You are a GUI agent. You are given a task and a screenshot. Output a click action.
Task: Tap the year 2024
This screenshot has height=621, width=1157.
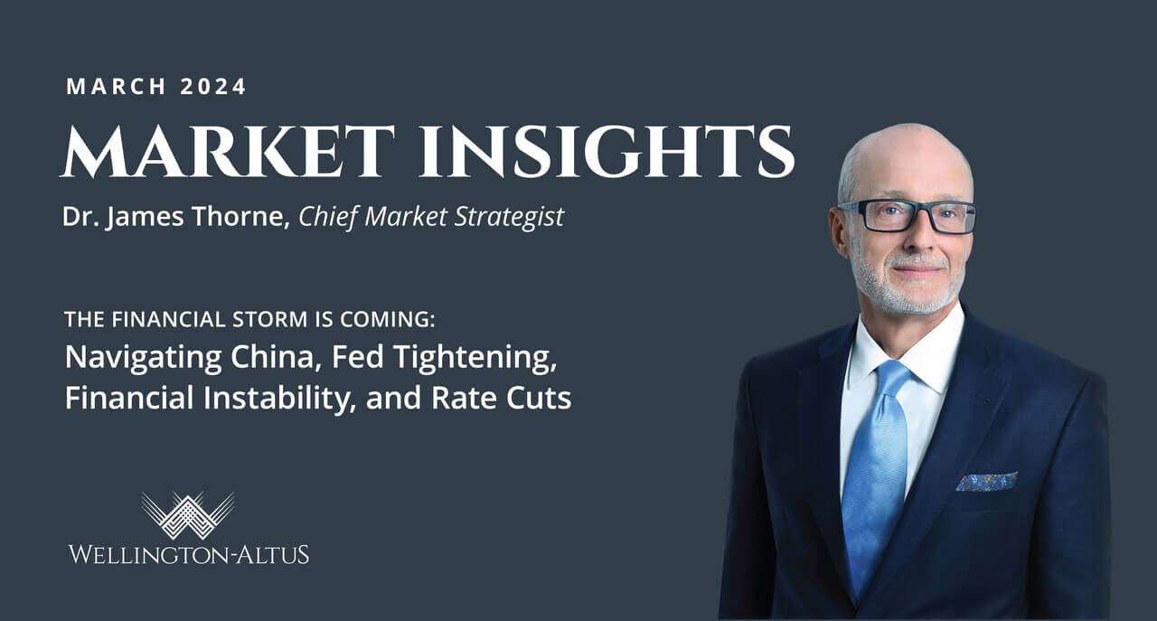(213, 88)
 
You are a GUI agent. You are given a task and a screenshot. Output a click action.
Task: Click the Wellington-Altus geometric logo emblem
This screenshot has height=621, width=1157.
(188, 515)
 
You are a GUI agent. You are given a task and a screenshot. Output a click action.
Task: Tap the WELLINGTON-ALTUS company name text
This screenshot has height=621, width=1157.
(188, 553)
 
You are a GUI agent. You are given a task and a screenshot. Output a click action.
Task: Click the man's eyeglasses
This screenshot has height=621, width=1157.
(908, 217)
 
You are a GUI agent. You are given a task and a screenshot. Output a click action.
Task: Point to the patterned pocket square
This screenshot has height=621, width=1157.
(987, 481)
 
